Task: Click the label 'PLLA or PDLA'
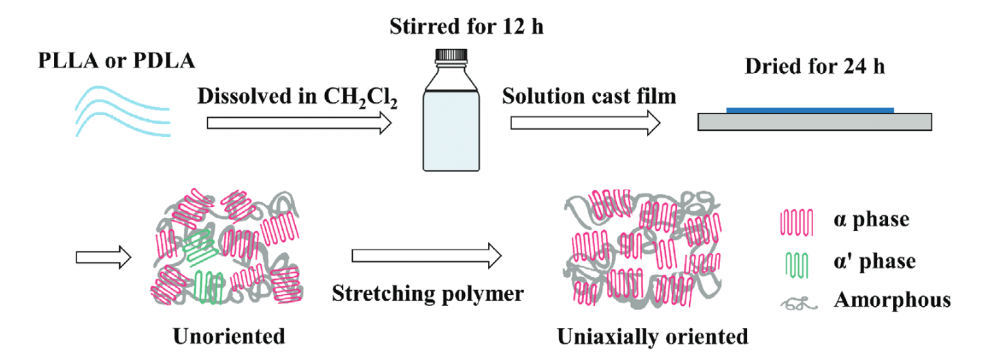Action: [x=117, y=61]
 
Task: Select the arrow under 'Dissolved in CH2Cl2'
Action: [x=299, y=123]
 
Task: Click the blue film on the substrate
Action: [x=810, y=109]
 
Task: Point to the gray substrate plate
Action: [x=815, y=121]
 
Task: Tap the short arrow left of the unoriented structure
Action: [x=106, y=257]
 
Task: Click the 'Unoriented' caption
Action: [x=229, y=336]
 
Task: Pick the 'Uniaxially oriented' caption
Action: [x=652, y=336]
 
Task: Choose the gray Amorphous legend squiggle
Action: [x=792, y=301]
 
